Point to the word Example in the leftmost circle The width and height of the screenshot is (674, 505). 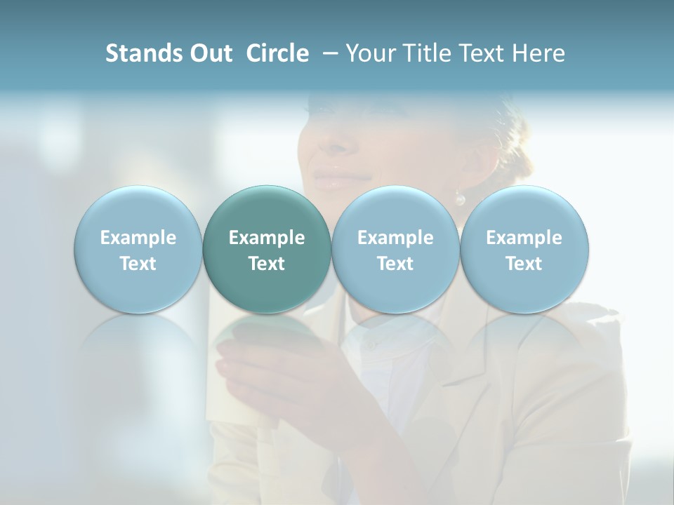point(138,238)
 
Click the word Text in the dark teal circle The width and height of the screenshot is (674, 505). point(267,264)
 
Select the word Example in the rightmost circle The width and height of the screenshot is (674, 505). point(524,238)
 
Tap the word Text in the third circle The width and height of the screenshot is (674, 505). point(395,264)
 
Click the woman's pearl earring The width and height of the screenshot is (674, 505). point(461,199)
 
